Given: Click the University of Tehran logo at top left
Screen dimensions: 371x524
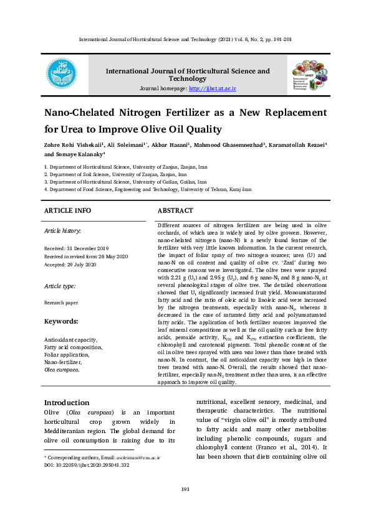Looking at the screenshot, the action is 62,75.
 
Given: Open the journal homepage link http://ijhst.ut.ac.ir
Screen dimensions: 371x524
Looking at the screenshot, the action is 212,89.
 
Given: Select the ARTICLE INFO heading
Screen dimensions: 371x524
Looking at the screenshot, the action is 68,211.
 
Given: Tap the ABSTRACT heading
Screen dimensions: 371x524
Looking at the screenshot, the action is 175,211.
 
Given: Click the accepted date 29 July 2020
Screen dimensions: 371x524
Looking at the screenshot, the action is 77,264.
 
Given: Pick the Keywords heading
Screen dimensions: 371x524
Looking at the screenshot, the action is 60,321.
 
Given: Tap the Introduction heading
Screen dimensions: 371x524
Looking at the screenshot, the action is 66,402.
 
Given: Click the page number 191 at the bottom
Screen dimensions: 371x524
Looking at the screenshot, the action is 185,489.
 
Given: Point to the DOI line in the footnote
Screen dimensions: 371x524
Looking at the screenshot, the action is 87,464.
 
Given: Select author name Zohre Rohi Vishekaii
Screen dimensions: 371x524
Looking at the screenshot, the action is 73,144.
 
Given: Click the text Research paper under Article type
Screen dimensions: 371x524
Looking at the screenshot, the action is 61,302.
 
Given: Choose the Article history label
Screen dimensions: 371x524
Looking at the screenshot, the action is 62,231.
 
